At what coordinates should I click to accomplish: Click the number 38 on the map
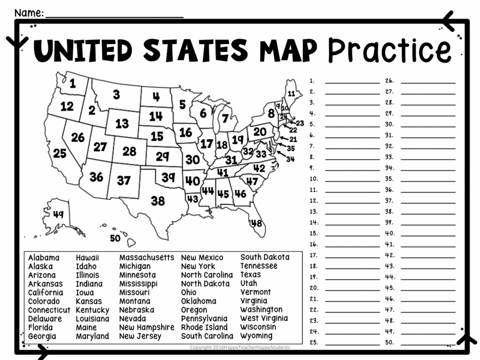pos(158,201)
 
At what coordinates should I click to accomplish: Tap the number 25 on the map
pos(59,154)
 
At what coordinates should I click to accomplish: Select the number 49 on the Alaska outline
pos(58,214)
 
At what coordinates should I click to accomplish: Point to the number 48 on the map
pos(256,223)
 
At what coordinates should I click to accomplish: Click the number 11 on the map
pos(291,93)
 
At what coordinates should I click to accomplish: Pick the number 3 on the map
pos(116,94)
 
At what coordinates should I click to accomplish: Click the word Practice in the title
pos(389,50)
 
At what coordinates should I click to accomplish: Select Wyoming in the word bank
pos(256,336)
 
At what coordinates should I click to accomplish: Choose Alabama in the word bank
pos(44,257)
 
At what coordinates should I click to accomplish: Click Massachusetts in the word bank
pos(147,257)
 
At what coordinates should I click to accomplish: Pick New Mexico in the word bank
pos(202,257)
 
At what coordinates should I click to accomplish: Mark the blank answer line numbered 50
pos(428,344)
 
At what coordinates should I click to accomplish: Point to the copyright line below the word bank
pos(240,347)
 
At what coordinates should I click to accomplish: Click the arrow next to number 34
pos(281,154)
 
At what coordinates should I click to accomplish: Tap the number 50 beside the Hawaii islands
pos(115,238)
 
